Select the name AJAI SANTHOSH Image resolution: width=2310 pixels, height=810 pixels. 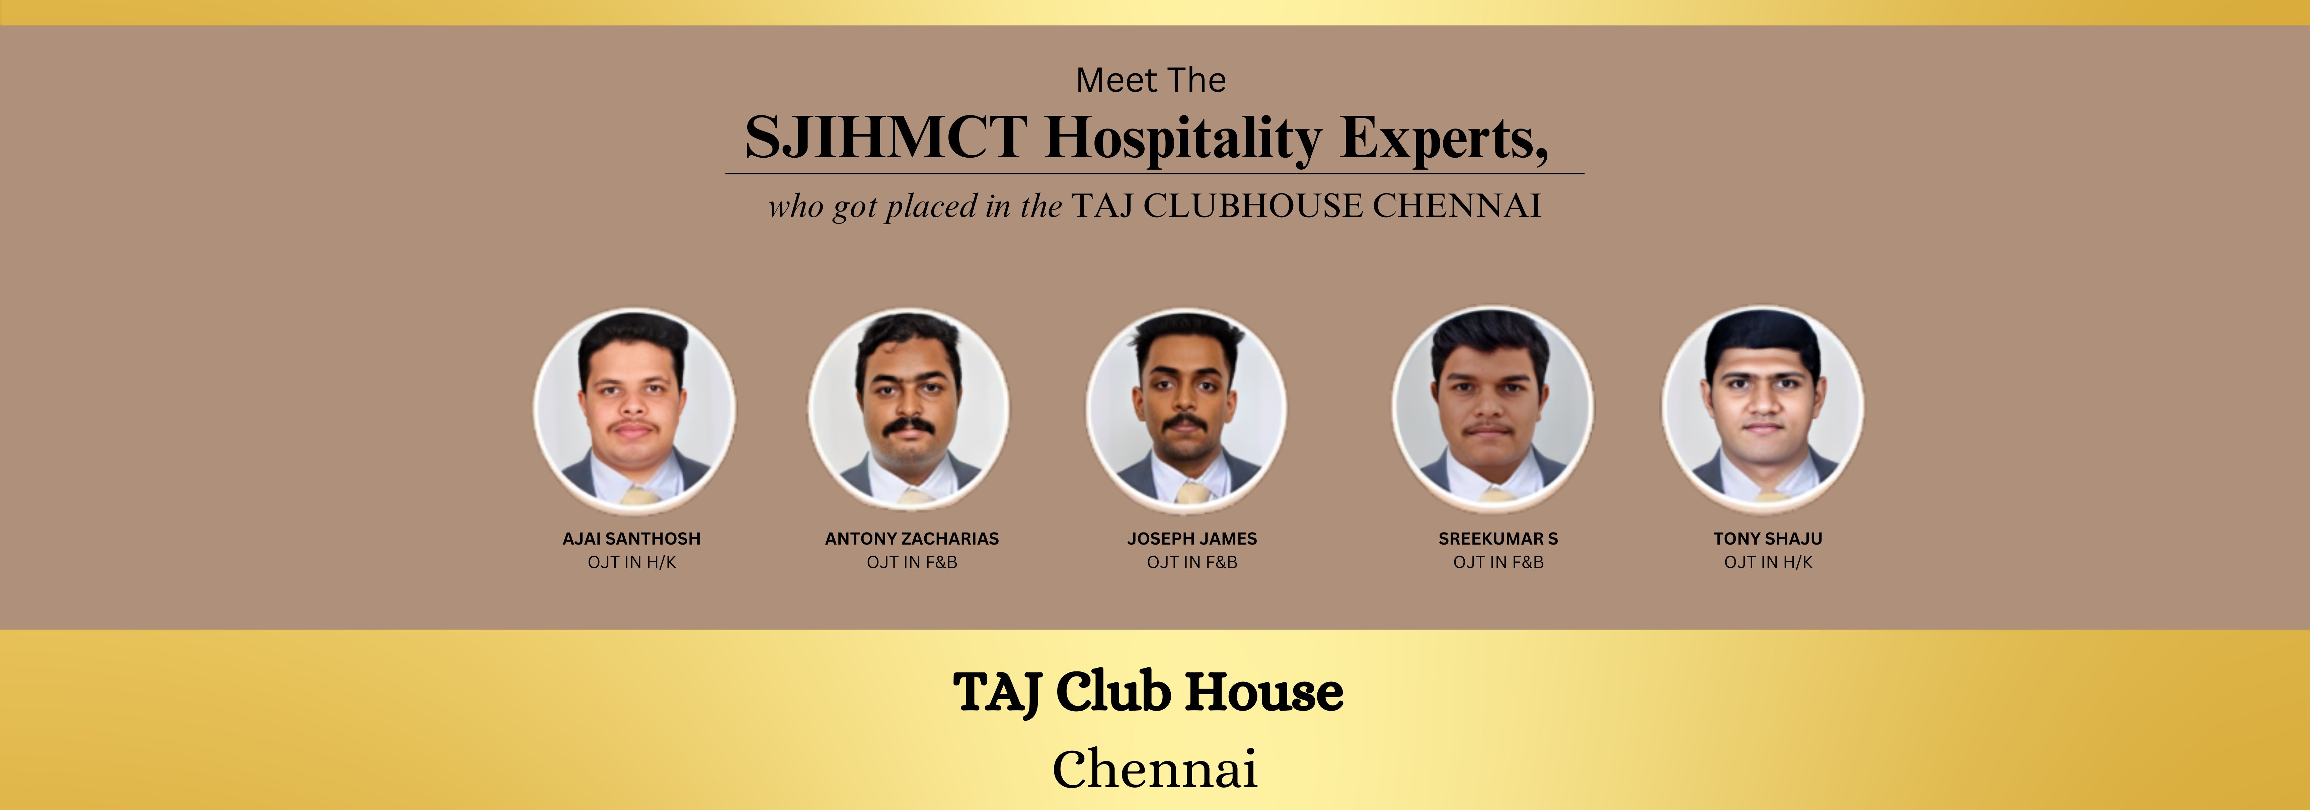(631, 538)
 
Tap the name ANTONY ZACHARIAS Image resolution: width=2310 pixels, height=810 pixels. (912, 538)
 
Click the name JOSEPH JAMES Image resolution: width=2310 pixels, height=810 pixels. (1192, 538)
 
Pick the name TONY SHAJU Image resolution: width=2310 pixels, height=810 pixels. (1767, 538)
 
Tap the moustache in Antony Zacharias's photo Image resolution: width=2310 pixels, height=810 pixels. (908, 426)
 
